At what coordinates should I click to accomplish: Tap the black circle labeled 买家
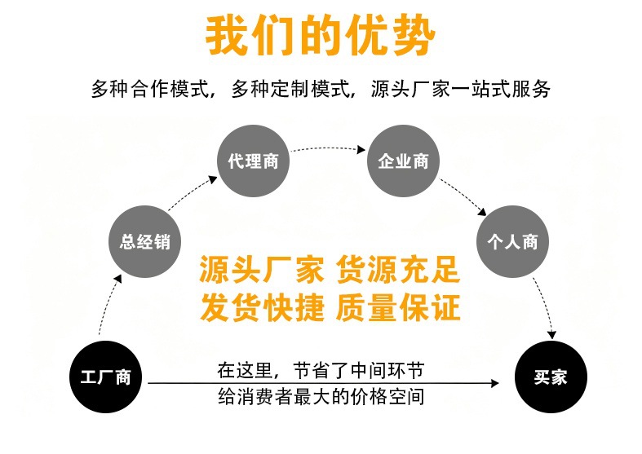550,377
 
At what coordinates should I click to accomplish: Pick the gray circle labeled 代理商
252,161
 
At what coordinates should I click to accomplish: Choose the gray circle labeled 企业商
403,161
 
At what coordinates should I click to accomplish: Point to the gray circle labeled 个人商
511,241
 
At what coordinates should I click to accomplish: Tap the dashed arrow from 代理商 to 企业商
327,148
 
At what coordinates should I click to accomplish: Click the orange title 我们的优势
320,35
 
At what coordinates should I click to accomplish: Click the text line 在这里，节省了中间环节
321,368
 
